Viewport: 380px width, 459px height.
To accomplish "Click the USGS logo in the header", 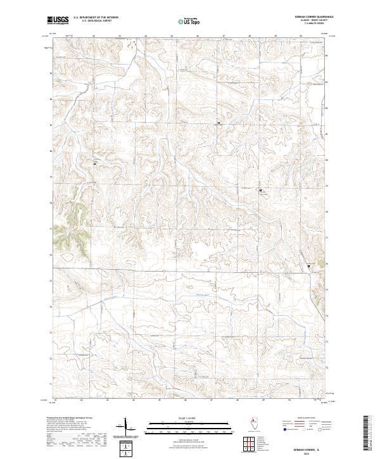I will [58, 20].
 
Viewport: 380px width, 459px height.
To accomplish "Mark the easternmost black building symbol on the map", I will [309, 266].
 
